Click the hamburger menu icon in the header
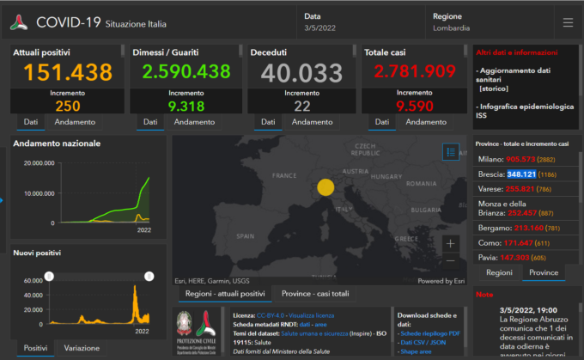tap(567, 22)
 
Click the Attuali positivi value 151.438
tap(64, 74)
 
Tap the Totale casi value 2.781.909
tap(409, 74)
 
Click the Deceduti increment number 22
tap(301, 106)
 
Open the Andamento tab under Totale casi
tap(426, 123)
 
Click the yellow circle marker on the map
tap(325, 187)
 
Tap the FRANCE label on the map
tap(283, 175)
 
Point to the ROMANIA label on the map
tap(422, 184)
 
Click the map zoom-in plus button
tap(451, 244)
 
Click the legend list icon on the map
tap(451, 152)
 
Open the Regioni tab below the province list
tap(499, 272)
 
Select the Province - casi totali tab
tap(315, 294)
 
